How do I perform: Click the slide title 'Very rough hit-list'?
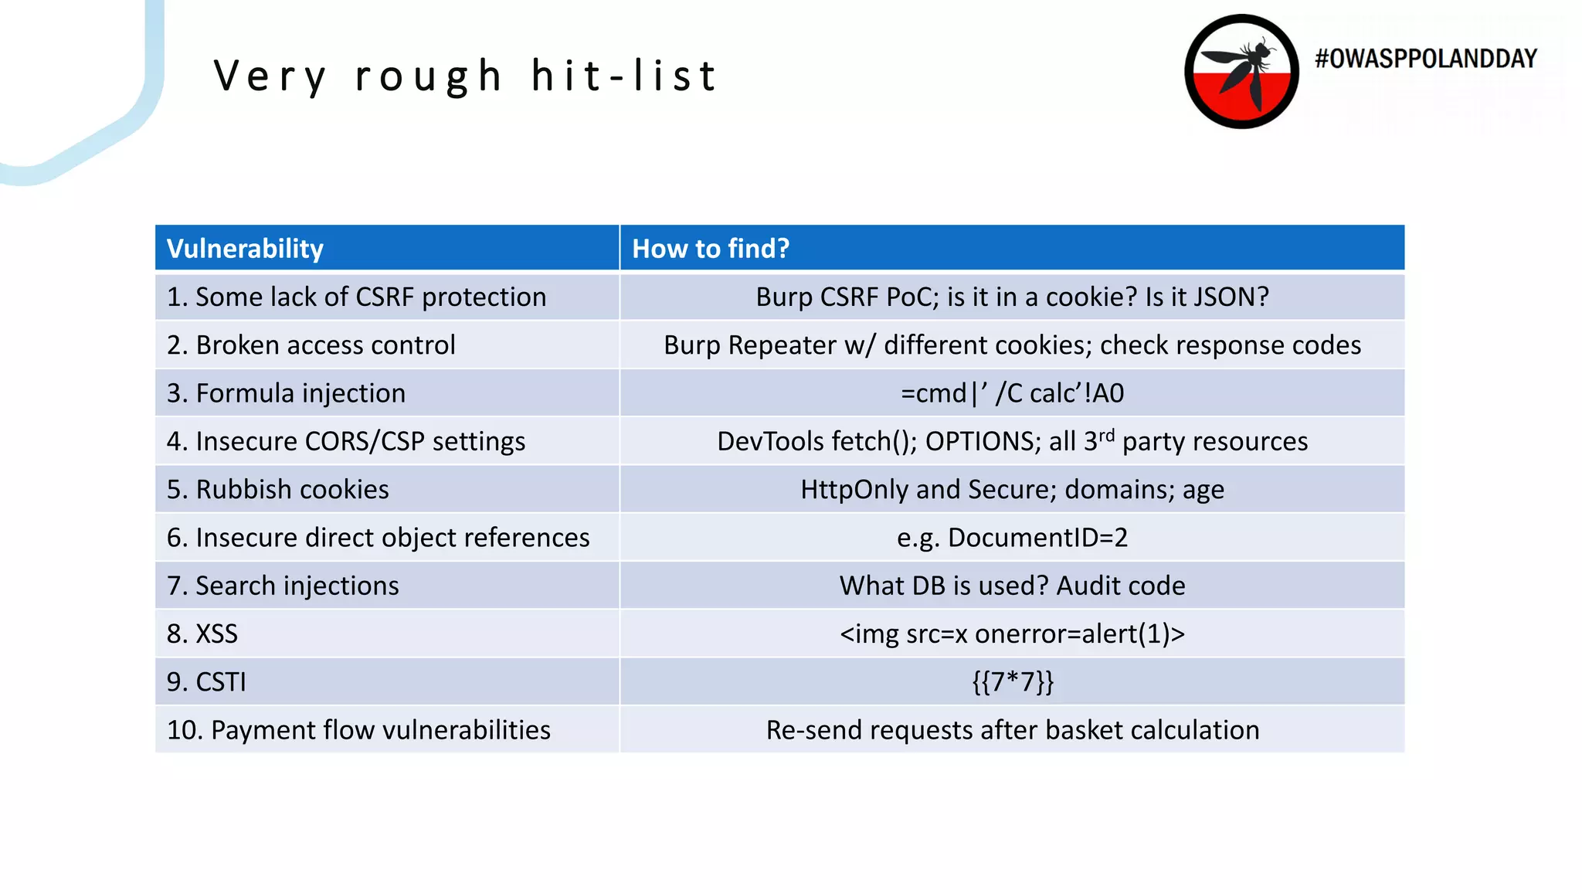[x=466, y=76]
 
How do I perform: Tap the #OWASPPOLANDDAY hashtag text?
[x=1425, y=59]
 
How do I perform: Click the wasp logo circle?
[x=1241, y=71]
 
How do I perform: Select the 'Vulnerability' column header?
[x=245, y=249]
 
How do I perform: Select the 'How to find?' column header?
[x=711, y=249]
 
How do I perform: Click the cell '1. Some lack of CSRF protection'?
[x=356, y=297]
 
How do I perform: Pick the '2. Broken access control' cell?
[x=311, y=345]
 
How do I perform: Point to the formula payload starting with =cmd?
[x=1012, y=393]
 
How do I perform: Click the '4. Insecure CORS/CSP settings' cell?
[x=345, y=442]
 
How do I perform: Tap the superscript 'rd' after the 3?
[x=1107, y=435]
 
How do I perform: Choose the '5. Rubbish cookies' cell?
[x=277, y=490]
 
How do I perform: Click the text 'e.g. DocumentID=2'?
[x=1012, y=538]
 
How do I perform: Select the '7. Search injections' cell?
[x=283, y=586]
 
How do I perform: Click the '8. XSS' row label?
[x=202, y=634]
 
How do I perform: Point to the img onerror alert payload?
[x=1012, y=634]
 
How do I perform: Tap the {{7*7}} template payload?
[x=1012, y=682]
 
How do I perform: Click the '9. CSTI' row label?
[x=206, y=682]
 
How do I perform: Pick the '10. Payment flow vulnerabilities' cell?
[x=358, y=730]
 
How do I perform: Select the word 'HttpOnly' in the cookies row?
[x=854, y=490]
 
